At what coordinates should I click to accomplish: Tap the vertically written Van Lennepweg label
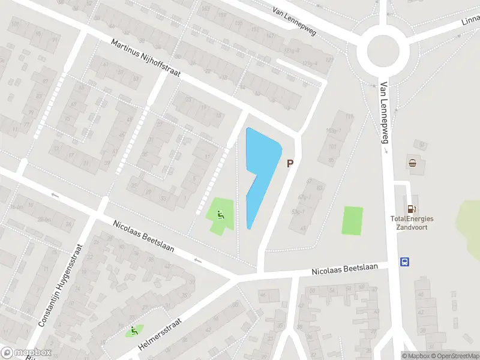(x=382, y=114)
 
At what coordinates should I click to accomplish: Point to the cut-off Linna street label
(x=470, y=22)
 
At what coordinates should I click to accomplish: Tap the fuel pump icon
(x=412, y=209)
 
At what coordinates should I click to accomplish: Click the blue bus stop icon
(x=406, y=262)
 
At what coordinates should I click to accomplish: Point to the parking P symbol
(x=290, y=163)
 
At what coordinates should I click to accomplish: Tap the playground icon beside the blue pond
(x=220, y=213)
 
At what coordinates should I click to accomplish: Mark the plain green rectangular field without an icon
(x=352, y=220)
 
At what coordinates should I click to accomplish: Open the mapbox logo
(x=26, y=353)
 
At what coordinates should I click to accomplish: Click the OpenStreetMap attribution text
(x=458, y=356)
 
